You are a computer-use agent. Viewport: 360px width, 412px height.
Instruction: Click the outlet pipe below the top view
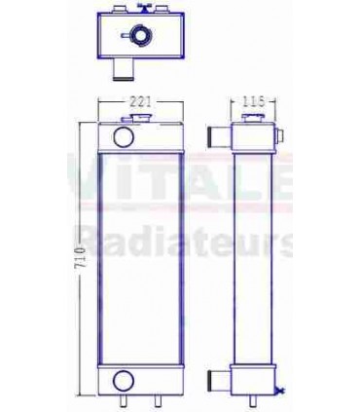pyautogui.click(x=121, y=69)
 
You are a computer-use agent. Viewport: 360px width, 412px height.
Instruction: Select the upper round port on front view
pyautogui.click(x=124, y=133)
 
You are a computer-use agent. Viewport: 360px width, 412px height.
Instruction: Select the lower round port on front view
pyautogui.click(x=124, y=380)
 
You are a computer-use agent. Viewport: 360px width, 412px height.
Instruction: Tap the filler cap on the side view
pyautogui.click(x=254, y=119)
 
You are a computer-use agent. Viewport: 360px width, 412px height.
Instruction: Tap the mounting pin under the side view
pyautogui.click(x=253, y=398)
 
